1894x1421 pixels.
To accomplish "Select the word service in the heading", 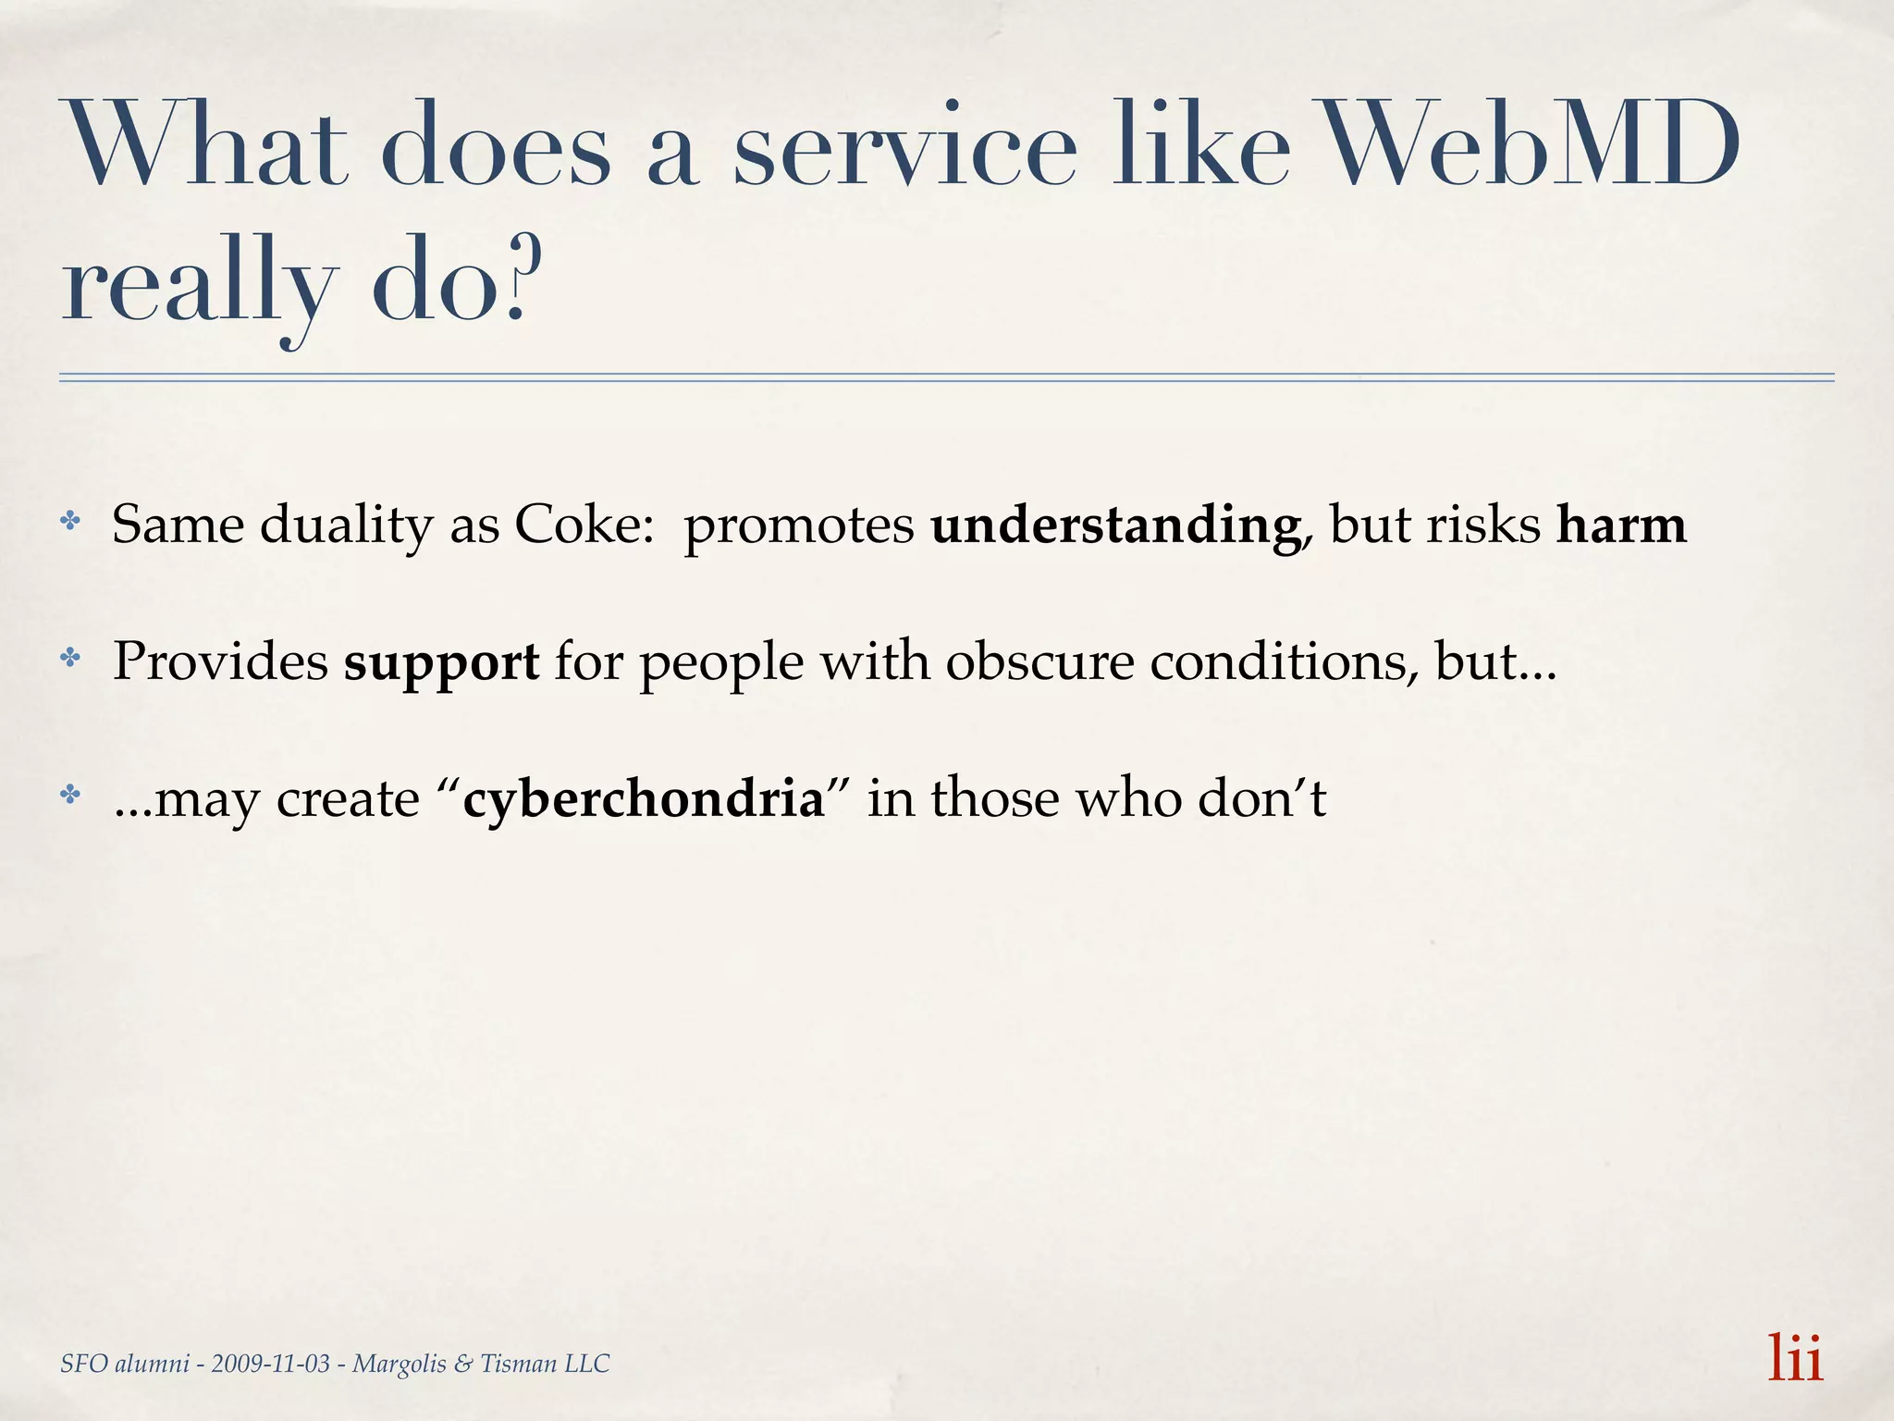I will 904,146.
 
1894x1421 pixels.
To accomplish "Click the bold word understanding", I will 1115,526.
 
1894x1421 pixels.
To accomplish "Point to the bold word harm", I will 1621,525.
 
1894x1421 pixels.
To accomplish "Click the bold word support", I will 441,663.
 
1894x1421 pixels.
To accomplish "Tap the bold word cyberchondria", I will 643,798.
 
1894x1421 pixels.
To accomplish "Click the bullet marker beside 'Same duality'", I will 70,523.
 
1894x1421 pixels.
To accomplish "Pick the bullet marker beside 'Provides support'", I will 70,659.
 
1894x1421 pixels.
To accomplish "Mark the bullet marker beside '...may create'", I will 70,795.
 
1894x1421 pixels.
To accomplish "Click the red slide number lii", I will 1794,1358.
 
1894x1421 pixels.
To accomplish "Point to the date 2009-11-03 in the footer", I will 270,1364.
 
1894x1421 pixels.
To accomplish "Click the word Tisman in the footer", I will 513,1364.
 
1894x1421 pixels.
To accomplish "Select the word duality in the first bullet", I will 346,526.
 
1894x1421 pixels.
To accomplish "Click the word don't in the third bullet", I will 1261,798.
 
